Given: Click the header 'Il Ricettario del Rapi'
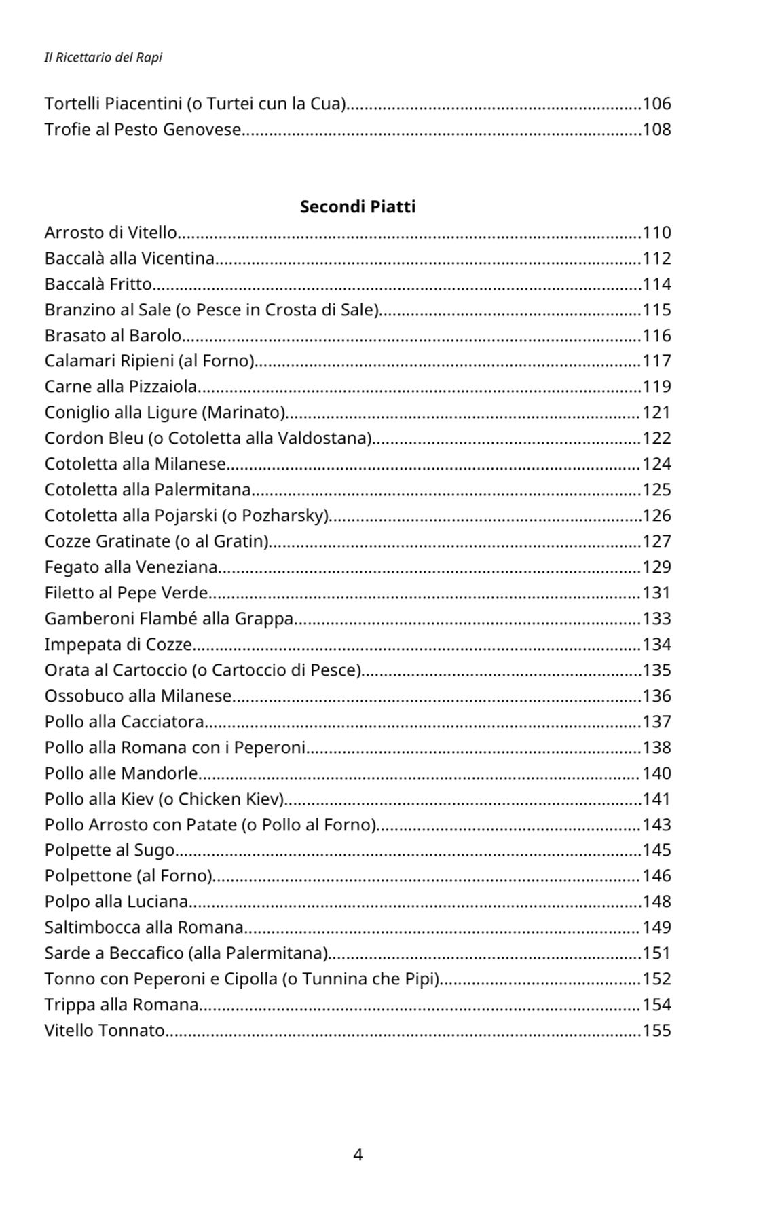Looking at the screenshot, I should coord(103,58).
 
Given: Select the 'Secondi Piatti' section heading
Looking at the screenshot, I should coord(358,206).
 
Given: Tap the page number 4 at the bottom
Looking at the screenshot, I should coord(358,1154).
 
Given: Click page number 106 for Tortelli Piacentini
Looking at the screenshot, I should coord(656,104).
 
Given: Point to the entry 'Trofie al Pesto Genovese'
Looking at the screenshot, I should coord(143,130).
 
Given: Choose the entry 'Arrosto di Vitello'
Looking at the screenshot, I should coord(111,233).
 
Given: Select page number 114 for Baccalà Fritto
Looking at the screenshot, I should coord(656,284).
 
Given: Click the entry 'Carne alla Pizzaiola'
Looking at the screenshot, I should coord(121,387).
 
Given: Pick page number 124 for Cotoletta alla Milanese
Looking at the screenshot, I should coord(656,464).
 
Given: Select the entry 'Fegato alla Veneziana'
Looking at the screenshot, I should coord(131,567).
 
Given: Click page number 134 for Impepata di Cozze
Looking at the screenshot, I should coord(656,645).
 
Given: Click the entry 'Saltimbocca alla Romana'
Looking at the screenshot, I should coord(144,927).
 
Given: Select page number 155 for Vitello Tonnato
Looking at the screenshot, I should coord(656,1031).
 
